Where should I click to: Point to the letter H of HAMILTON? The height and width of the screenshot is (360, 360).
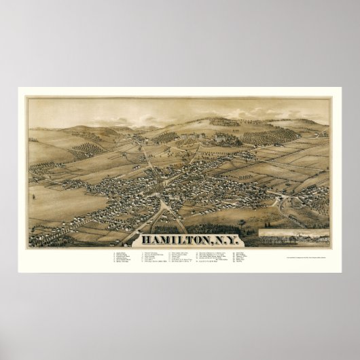click(145, 240)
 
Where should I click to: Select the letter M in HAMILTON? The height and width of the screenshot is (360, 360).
click(162, 240)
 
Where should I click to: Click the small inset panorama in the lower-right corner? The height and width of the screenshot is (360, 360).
click(293, 237)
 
